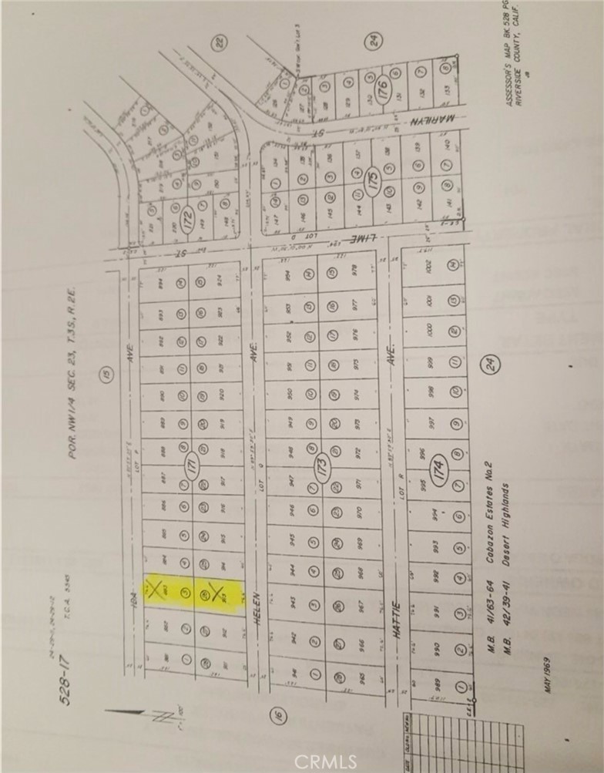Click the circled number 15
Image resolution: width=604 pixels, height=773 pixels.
point(103,375)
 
